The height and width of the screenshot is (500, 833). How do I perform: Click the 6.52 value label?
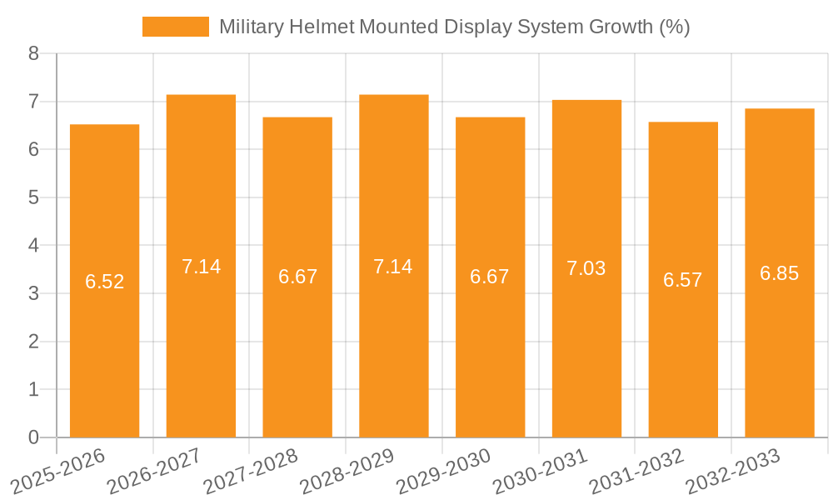click(105, 282)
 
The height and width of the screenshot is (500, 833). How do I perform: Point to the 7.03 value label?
click(586, 268)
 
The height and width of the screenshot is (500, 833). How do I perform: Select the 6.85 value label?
click(780, 273)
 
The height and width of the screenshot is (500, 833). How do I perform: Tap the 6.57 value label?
click(683, 280)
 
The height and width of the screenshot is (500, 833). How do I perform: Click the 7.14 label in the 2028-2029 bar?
click(393, 267)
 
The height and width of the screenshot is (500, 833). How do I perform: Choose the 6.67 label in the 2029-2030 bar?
click(490, 277)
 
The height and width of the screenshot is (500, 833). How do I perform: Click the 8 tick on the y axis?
click(33, 53)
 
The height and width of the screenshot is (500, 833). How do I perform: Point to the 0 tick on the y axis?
click(33, 437)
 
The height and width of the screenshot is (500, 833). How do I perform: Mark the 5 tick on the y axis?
click(33, 197)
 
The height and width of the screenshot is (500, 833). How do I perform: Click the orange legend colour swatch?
click(176, 27)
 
